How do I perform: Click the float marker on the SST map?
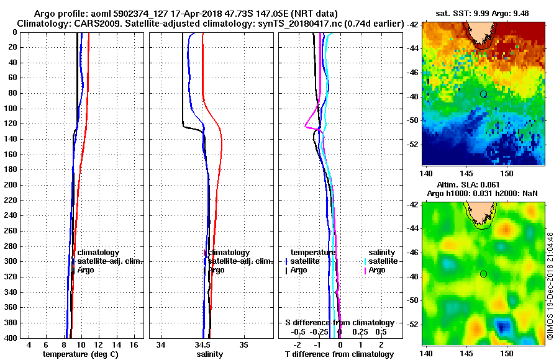[483, 94]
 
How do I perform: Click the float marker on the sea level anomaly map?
[483, 274]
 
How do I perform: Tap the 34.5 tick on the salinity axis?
[202, 344]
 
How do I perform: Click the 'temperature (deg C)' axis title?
[80, 354]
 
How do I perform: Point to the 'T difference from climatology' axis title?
[339, 354]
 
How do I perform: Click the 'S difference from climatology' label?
[339, 323]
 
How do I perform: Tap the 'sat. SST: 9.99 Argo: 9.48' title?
[479, 13]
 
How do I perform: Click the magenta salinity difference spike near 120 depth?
[307, 126]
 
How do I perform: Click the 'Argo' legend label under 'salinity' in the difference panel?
[377, 270]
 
